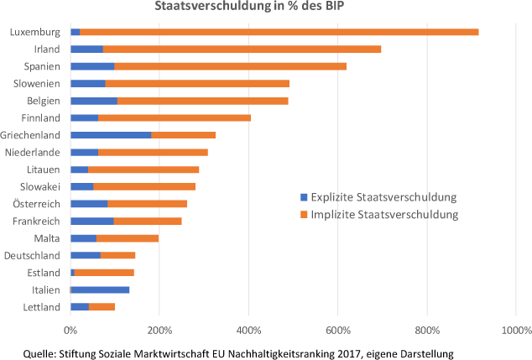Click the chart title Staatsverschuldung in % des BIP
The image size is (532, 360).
[265, 8]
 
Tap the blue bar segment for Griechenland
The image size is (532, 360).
[111, 134]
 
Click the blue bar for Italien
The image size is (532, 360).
[100, 290]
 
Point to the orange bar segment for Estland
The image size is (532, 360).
[104, 272]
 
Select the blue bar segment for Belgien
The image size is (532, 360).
[94, 100]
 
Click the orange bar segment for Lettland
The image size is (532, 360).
[102, 306]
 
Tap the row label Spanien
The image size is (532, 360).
[43, 66]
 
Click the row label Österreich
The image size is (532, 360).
[36, 204]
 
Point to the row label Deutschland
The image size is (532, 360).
[32, 255]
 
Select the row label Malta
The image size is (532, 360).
[47, 238]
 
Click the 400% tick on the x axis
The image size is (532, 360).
[248, 330]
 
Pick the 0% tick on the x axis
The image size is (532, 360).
[70, 330]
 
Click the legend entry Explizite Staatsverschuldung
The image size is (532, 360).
[383, 197]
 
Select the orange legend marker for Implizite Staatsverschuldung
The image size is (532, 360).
[304, 215]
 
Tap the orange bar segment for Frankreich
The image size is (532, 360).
[148, 221]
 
